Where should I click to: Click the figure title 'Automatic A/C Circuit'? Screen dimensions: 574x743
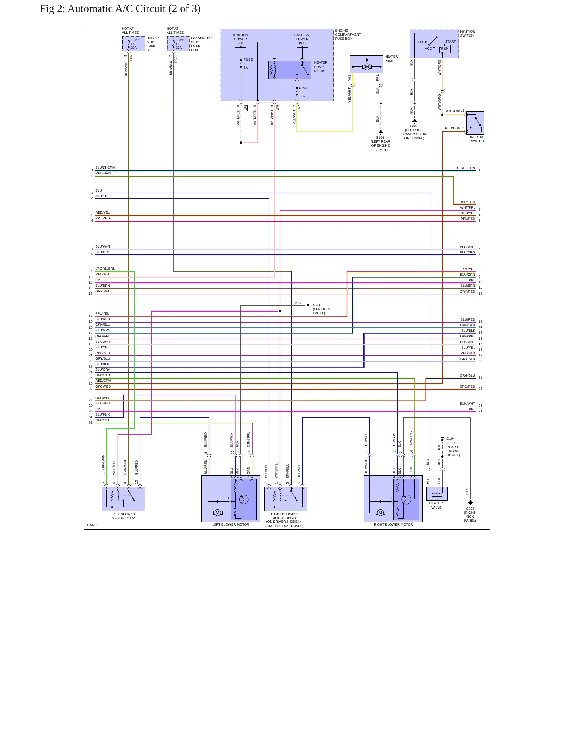[116, 9]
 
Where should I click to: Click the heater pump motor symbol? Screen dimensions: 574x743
[367, 67]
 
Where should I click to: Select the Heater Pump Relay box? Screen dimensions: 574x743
[290, 70]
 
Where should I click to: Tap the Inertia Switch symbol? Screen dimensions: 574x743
[475, 123]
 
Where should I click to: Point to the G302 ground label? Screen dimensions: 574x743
[414, 126]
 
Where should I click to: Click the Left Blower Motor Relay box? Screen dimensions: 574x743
[123, 499]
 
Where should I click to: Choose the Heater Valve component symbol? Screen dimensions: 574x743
[437, 493]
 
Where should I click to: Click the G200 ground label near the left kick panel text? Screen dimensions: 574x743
[317, 305]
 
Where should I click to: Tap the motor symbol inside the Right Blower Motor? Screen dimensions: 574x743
[380, 513]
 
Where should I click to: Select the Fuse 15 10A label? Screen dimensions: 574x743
[303, 92]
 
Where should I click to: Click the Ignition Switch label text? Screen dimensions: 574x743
[468, 33]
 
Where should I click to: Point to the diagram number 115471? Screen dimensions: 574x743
[92, 525]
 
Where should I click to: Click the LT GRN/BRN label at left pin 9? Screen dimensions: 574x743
[105, 269]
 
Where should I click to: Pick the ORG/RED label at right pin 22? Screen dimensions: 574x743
[467, 387]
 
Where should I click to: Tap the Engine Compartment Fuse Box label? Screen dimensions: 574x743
[348, 35]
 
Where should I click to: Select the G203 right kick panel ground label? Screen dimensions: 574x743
[470, 515]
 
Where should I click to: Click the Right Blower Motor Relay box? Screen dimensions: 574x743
[286, 499]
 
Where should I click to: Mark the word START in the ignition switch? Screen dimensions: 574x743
[450, 41]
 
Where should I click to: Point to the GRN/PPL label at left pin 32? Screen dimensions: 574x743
[102, 420]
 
